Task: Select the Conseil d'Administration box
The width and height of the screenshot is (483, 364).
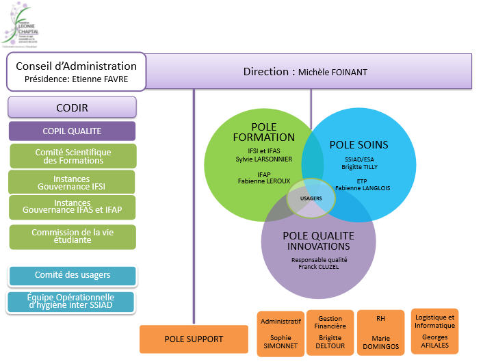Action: (x=76, y=72)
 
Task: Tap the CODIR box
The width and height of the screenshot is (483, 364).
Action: (x=72, y=107)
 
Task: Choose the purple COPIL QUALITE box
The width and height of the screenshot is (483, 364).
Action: (x=72, y=131)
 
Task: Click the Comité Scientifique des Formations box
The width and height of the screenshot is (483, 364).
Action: (x=73, y=156)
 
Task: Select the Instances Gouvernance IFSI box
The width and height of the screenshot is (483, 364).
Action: (x=71, y=182)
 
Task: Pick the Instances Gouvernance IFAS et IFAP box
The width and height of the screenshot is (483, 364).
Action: (x=72, y=207)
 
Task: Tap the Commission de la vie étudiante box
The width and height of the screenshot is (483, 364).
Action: (x=73, y=237)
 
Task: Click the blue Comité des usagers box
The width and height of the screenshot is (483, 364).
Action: (x=73, y=276)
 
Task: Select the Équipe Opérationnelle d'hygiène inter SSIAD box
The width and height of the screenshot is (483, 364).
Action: (x=70, y=302)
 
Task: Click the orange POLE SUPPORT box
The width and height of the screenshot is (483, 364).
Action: (x=194, y=339)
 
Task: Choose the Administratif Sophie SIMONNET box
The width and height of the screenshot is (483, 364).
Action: (x=280, y=333)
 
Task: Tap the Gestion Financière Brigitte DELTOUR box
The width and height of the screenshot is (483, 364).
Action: (x=330, y=332)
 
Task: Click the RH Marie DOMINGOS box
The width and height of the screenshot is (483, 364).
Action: (x=380, y=332)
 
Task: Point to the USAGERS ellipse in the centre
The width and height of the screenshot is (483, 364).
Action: (x=311, y=197)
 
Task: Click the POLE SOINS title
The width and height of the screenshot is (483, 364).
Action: (x=358, y=145)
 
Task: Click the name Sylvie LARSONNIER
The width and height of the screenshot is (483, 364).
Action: (x=264, y=159)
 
